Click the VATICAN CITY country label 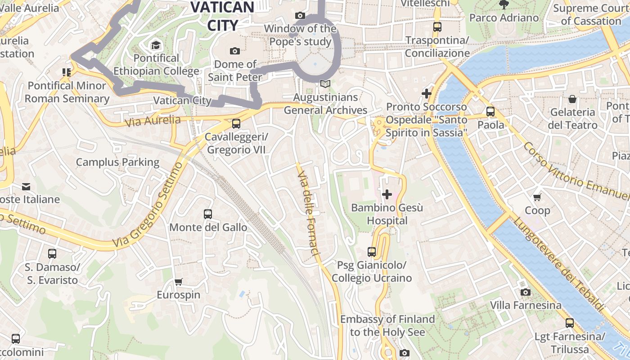point(222,16)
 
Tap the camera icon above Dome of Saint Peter point(234,51)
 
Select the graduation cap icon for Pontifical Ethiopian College point(156,45)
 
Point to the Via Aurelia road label point(153,121)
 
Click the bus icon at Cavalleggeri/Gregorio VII point(236,123)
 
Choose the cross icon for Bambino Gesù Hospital point(387,194)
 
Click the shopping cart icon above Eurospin point(179,282)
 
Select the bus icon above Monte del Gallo point(207,214)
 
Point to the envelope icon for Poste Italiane point(26,186)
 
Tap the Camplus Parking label point(117,162)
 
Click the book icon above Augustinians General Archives point(325,84)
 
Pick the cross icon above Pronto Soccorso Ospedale point(426,94)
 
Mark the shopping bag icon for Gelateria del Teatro point(572,99)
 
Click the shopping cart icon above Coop point(537,197)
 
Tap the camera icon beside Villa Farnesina point(525,292)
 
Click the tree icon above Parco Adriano point(504,5)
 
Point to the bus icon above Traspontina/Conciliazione point(437,27)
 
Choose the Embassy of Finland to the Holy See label point(387,326)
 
